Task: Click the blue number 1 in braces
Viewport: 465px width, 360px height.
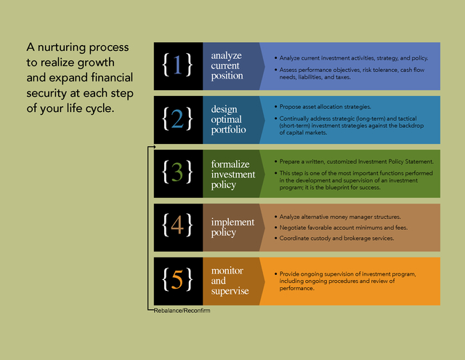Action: pyautogui.click(x=177, y=65)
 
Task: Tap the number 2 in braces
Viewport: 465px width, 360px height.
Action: pyautogui.click(x=177, y=119)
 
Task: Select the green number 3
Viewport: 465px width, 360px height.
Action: pyautogui.click(x=177, y=172)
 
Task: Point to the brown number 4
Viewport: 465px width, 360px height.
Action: pyautogui.click(x=177, y=225)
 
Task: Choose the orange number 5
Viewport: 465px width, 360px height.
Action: pyautogui.click(x=177, y=279)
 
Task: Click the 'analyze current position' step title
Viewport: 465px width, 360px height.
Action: pyautogui.click(x=227, y=65)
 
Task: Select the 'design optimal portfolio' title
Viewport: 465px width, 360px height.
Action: pyautogui.click(x=228, y=119)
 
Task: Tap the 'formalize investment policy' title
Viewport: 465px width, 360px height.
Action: pyautogui.click(x=233, y=175)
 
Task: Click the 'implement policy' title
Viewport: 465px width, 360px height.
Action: pyautogui.click(x=232, y=228)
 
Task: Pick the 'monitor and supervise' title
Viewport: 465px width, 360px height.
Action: pyautogui.click(x=230, y=281)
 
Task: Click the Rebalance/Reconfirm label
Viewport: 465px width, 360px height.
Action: pyautogui.click(x=182, y=311)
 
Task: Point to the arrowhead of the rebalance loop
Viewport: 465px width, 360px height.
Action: pyautogui.click(x=154, y=147)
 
